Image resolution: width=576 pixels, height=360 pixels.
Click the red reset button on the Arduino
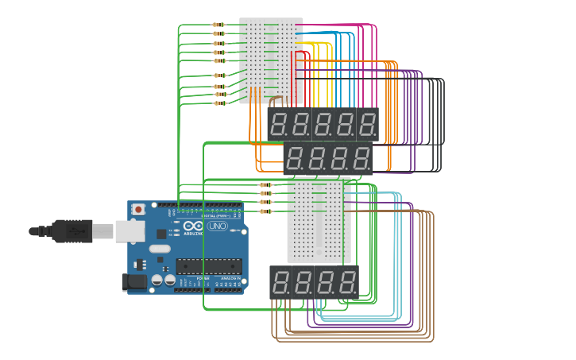tap(138, 210)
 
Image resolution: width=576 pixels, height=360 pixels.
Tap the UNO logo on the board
tap(217, 226)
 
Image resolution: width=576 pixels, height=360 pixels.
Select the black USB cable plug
tap(72, 231)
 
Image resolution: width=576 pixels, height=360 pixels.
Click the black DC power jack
tap(136, 281)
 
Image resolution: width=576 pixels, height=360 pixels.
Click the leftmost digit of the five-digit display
tap(279, 125)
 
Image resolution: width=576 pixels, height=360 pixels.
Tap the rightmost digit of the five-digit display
tap(367, 125)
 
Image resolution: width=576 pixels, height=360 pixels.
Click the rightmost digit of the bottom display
tap(348, 282)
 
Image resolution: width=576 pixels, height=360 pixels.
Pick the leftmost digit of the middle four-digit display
tap(295, 157)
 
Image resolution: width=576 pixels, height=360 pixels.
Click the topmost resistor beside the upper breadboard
tap(218, 25)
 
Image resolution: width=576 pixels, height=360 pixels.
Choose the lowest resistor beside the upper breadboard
tap(220, 103)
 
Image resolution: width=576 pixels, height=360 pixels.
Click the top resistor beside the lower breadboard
tap(265, 184)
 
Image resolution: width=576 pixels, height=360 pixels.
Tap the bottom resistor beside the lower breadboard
tap(265, 211)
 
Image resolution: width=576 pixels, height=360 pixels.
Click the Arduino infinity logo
tap(192, 226)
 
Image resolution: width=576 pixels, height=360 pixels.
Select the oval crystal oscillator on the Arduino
tap(160, 249)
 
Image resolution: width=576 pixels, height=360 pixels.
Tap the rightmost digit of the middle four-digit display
tap(361, 157)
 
